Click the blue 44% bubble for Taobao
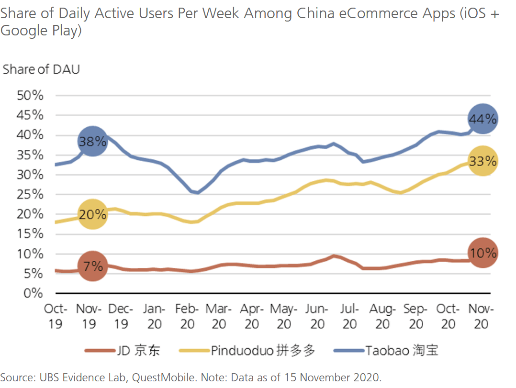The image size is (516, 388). tap(483, 119)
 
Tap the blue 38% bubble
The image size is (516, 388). tap(92, 141)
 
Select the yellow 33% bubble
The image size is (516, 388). tap(483, 161)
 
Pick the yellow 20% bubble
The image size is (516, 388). tap(92, 214)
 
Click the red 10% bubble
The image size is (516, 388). tap(483, 253)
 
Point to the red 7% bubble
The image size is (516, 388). tap(92, 266)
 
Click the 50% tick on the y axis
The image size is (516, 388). tap(30, 96)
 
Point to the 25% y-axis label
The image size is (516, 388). tap(30, 194)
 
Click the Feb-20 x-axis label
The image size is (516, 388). tap(187, 317)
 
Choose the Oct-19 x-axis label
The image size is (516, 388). tap(56, 317)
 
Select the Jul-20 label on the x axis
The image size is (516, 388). tap(350, 317)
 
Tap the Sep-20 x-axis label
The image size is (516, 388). tap(416, 317)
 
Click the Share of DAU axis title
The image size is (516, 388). tap(41, 69)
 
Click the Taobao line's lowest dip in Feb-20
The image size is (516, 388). tap(197, 193)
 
